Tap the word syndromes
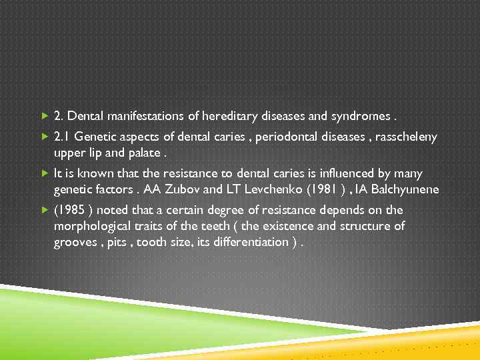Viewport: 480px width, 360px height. (x=360, y=117)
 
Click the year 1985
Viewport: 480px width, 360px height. (x=71, y=211)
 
